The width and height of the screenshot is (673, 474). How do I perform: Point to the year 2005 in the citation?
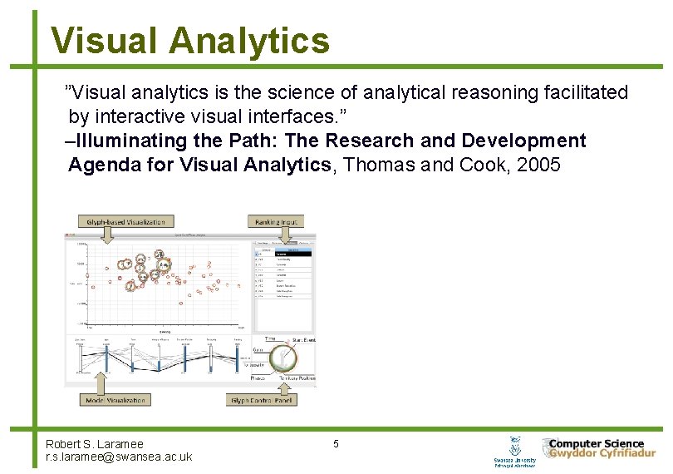coord(538,165)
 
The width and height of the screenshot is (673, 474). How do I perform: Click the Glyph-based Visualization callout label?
coord(125,221)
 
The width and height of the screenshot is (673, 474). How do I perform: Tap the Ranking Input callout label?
coord(276,221)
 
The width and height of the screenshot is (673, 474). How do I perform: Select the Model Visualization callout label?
coord(115,400)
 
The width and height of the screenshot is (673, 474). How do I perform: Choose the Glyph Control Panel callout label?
coord(262,400)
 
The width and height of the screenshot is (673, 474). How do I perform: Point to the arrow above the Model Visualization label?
coord(101,383)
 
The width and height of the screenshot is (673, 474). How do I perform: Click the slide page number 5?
coord(336,444)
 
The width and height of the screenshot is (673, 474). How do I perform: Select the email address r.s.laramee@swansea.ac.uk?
coord(119,457)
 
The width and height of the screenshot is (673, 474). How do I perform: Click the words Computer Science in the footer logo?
coord(596,443)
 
